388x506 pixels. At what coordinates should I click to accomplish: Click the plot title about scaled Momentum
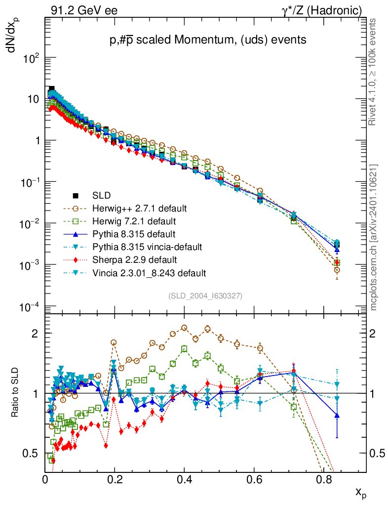point(207,40)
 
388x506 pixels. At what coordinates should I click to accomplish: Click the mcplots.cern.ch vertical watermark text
point(374,237)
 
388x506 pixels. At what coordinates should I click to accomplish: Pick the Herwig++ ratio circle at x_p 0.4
point(184,328)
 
